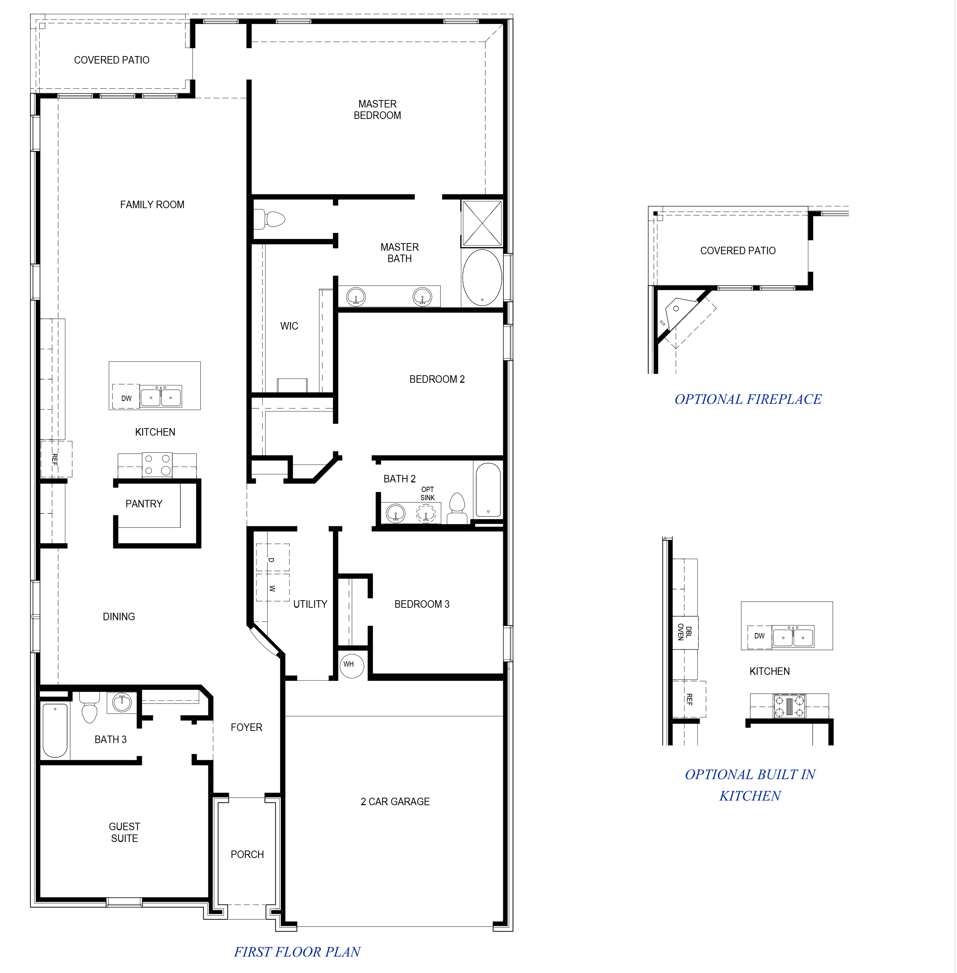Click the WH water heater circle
pyautogui.click(x=352, y=666)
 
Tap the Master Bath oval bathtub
pyautogui.click(x=482, y=278)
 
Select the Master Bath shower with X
pyautogui.click(x=482, y=224)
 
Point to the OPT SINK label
pyautogui.click(x=427, y=493)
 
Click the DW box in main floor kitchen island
pyautogui.click(x=126, y=398)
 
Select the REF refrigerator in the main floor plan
pyautogui.click(x=56, y=458)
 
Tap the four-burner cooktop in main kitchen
pyautogui.click(x=157, y=465)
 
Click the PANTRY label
pyautogui.click(x=144, y=503)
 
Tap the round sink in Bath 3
pyautogui.click(x=122, y=702)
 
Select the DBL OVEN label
pyautogui.click(x=684, y=632)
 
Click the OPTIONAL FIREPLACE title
pyautogui.click(x=747, y=399)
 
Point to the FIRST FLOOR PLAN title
pyautogui.click(x=297, y=952)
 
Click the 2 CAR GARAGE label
pyautogui.click(x=395, y=802)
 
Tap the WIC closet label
pyautogui.click(x=289, y=326)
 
